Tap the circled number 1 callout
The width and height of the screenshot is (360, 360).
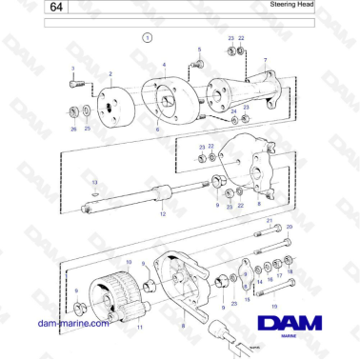[148, 37]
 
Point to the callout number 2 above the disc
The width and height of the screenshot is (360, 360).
[110, 73]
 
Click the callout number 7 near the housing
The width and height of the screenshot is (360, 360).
[264, 60]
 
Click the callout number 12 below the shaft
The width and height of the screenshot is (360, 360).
[162, 215]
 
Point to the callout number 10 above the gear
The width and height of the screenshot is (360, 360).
[129, 260]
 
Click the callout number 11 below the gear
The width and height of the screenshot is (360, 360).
[139, 327]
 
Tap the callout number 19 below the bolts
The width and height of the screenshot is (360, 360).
[274, 306]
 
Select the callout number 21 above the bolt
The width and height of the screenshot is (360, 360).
[269, 221]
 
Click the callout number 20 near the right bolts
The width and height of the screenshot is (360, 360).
[290, 228]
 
